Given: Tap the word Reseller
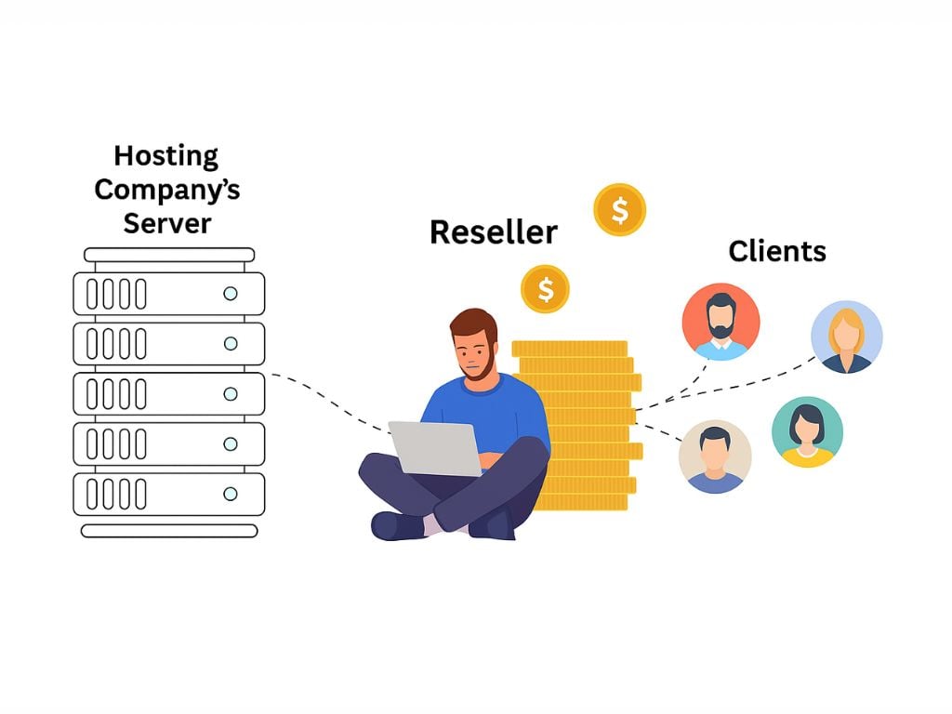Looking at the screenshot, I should pos(493,232).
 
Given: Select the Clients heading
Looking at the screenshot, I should pos(777,251).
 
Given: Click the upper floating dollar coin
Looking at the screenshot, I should pos(620,210).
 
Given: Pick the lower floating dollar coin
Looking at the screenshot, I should pos(545,289).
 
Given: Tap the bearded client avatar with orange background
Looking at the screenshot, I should pos(721,322).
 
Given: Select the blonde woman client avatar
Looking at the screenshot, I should pos(846,337).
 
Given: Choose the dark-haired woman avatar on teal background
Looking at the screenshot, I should pos(807,432).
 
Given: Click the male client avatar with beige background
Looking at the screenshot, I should pos(715,456).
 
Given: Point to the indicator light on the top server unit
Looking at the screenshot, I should pos(230,294).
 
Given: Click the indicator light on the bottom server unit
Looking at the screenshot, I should pos(230,494).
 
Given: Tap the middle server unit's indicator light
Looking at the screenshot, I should pos(230,394).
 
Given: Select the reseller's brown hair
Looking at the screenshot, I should pos(474,325).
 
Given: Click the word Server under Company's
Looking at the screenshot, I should pos(167,223).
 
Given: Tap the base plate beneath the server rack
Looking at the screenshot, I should pos(169,531).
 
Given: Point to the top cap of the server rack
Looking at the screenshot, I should pos(169,254).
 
